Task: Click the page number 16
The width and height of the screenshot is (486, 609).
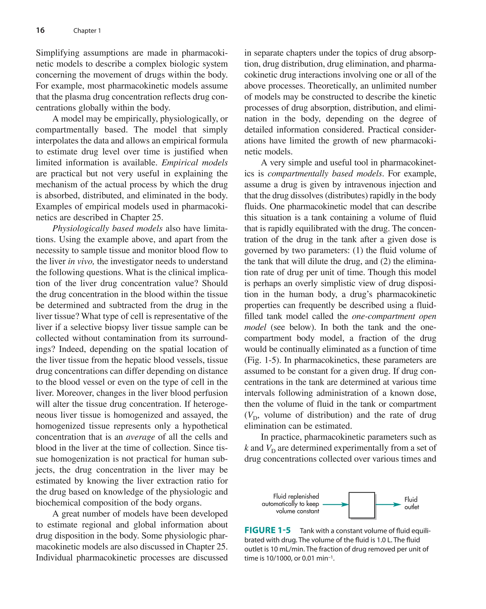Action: coord(40,30)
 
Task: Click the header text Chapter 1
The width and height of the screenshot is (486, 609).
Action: coord(87,31)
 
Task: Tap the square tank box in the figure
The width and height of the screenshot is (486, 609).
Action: coord(361,505)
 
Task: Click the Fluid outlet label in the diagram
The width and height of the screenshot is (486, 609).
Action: coord(411,503)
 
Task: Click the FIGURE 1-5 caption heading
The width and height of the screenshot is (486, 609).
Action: coord(267,530)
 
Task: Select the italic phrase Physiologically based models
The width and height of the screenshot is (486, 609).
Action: coord(107,228)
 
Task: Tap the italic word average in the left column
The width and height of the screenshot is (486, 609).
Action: coord(140,437)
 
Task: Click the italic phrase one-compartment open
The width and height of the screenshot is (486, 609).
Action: coord(394,316)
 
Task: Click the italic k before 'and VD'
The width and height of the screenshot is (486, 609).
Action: coord(246,448)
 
